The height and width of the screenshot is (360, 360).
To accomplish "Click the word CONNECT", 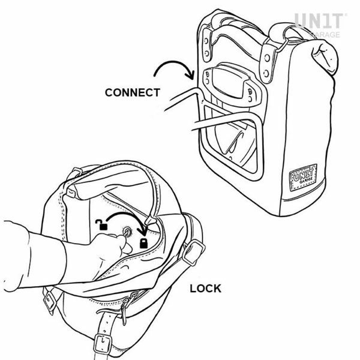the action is (133, 92).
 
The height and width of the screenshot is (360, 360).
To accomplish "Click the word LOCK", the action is (205, 289).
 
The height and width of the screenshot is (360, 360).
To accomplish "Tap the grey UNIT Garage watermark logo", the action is (320, 25).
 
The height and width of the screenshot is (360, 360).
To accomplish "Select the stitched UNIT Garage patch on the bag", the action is (303, 177).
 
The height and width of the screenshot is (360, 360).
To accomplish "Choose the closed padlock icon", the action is (144, 243).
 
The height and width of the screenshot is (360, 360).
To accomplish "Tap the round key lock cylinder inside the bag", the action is (127, 232).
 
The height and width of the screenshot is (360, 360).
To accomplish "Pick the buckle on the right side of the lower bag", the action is (194, 252).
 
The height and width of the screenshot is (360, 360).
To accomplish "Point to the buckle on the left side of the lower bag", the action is (51, 299).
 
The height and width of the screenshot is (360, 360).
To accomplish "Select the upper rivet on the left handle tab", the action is (206, 41).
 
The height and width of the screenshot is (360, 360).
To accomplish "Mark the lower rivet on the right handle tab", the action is (266, 74).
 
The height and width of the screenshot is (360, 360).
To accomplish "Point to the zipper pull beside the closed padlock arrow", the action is (150, 221).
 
